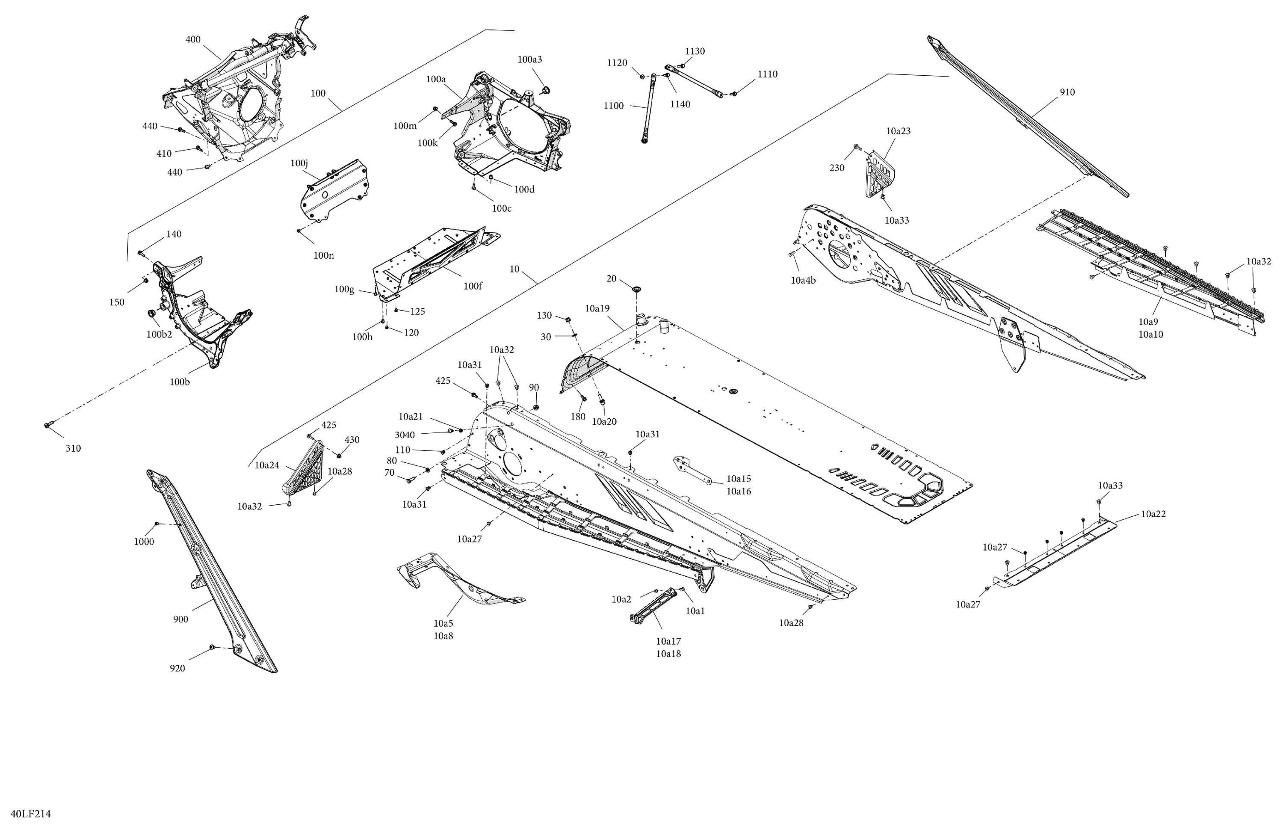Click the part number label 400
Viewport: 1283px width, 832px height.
pyautogui.click(x=193, y=39)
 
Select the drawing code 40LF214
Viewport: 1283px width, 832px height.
pyautogui.click(x=31, y=814)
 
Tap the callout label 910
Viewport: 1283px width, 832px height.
pyautogui.click(x=1067, y=92)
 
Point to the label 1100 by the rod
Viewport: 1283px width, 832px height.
pyautogui.click(x=613, y=106)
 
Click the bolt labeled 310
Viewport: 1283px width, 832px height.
pyautogui.click(x=47, y=426)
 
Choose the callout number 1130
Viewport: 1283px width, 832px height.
pyautogui.click(x=695, y=51)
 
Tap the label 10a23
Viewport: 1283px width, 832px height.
pyautogui.click(x=898, y=131)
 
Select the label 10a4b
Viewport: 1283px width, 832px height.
pyautogui.click(x=803, y=280)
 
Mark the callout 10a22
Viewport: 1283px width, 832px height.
pyautogui.click(x=1153, y=514)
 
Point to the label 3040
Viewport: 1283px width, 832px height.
pyautogui.click(x=405, y=435)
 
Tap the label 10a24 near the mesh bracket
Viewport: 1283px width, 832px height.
pyautogui.click(x=267, y=465)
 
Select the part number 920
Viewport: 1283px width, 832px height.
pyautogui.click(x=177, y=669)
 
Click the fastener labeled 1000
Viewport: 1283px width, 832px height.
pyautogui.click(x=157, y=523)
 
